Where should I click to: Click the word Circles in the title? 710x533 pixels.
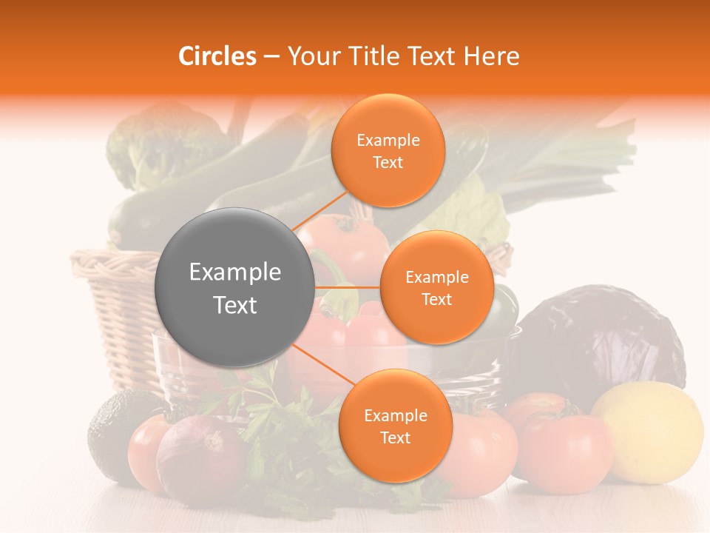[x=217, y=56]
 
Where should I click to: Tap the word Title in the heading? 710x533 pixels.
[x=367, y=56]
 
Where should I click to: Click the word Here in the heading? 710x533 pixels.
[x=492, y=56]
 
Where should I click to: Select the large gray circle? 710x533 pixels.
[x=234, y=287]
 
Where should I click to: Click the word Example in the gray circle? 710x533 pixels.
[x=234, y=272]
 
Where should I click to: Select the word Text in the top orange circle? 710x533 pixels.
[x=388, y=163]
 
